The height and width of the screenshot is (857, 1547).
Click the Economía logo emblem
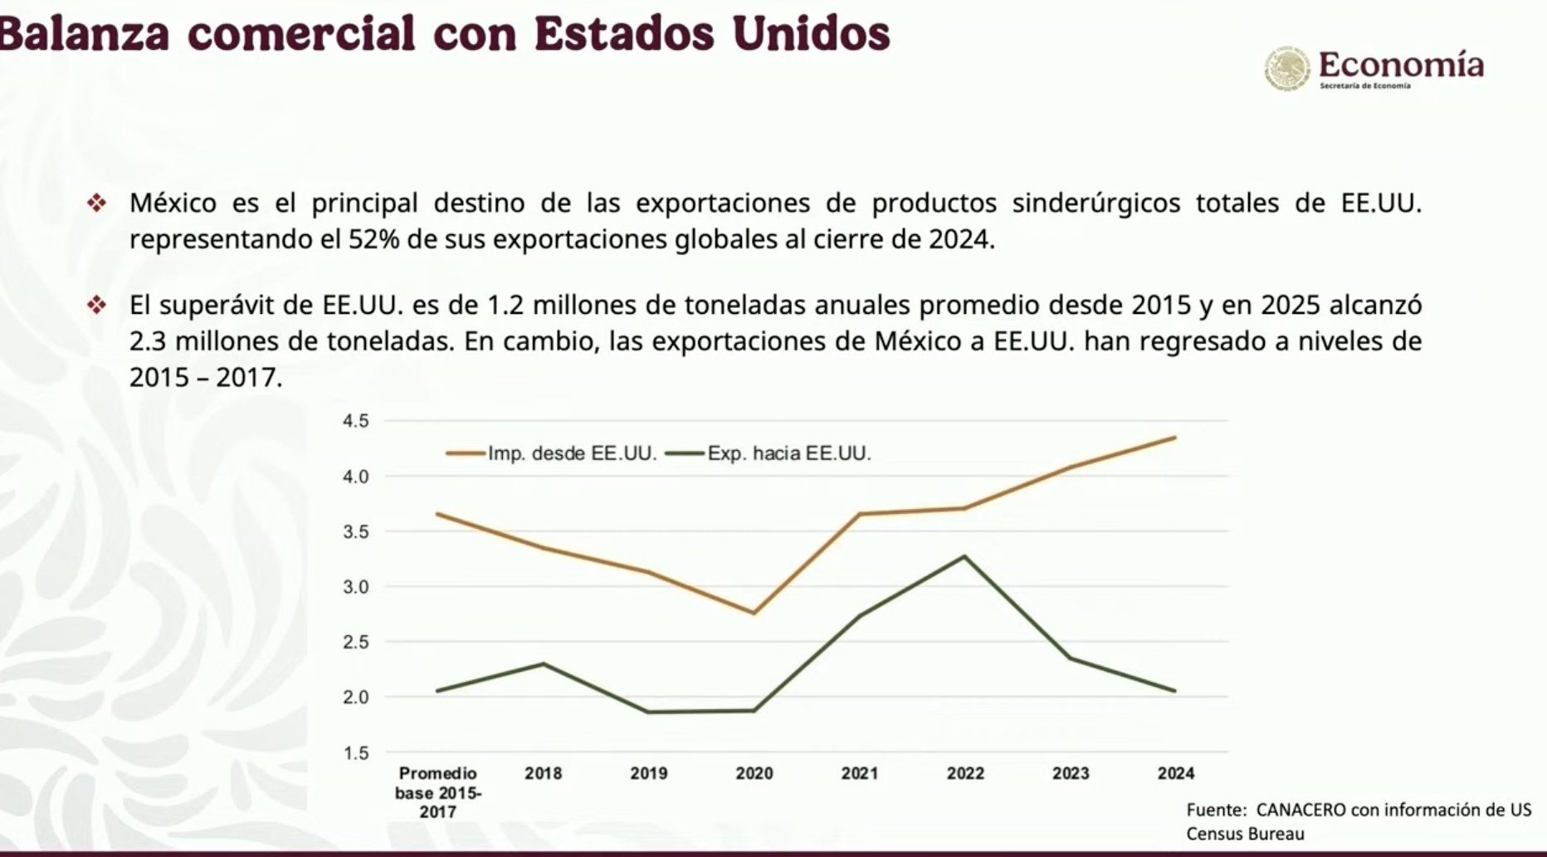1287,68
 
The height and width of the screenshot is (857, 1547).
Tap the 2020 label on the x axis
754,773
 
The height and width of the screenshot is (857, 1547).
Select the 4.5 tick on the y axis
355,421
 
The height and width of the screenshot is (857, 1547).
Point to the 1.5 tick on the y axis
355,753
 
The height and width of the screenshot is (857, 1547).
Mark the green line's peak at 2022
964,556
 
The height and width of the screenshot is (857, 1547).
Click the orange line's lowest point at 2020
754,613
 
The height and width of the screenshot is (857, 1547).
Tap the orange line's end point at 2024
1175,438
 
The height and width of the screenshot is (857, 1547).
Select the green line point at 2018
544,664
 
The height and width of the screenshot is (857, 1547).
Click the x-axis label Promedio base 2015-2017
437,792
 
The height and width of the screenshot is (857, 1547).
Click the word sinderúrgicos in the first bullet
1096,203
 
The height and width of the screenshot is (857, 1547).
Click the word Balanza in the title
83,33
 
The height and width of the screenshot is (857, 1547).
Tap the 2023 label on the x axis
1071,773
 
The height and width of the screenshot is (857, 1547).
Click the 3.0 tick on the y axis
355,587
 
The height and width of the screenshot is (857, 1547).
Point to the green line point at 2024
1175,691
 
